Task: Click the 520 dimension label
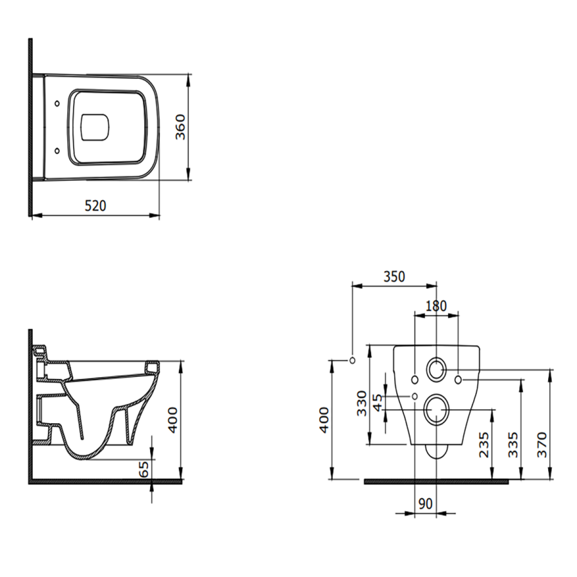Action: (x=96, y=206)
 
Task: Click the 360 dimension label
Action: (x=180, y=127)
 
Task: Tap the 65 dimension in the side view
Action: (x=145, y=469)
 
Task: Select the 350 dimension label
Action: (x=394, y=276)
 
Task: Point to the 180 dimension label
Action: (x=436, y=306)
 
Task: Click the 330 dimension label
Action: (x=362, y=403)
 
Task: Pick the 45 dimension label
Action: (x=378, y=403)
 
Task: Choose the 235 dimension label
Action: (x=483, y=444)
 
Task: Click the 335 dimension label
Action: (x=513, y=444)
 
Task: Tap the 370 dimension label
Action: (x=542, y=444)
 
